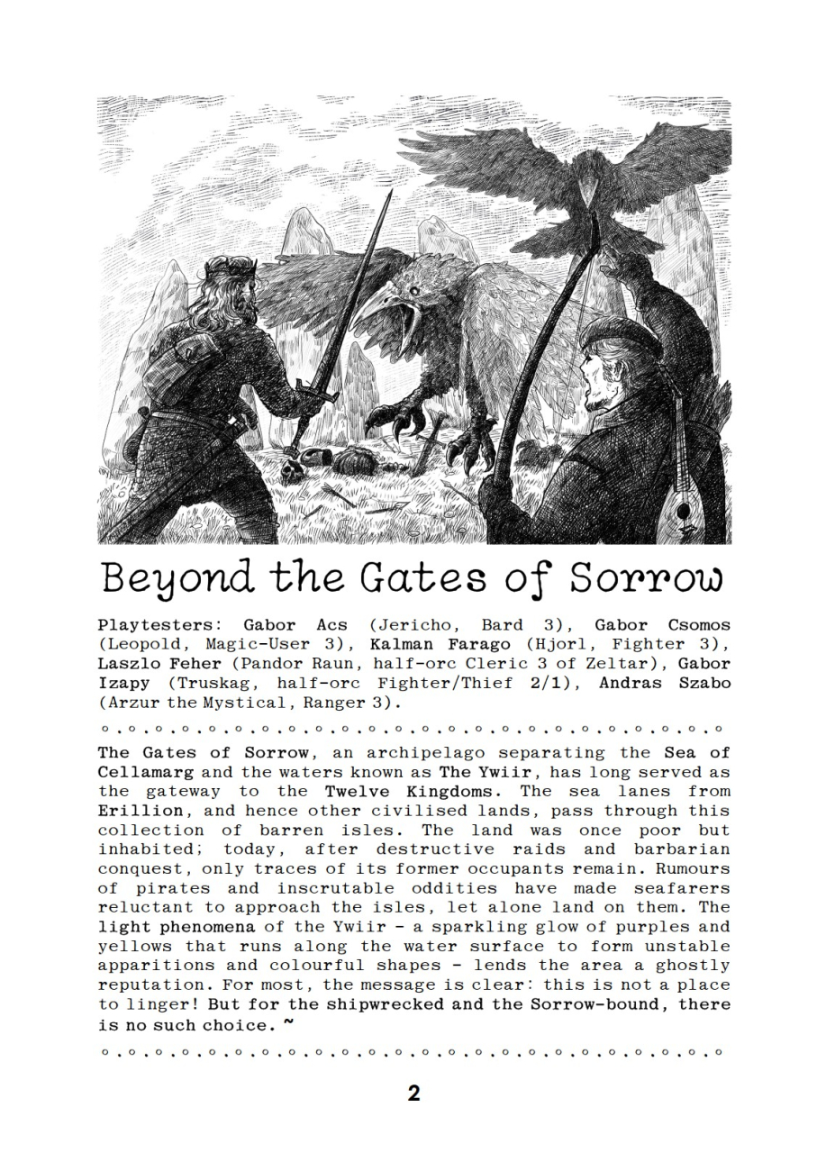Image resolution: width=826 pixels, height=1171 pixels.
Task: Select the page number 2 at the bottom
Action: click(413, 1094)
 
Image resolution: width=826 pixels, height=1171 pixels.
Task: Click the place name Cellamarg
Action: click(144, 772)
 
